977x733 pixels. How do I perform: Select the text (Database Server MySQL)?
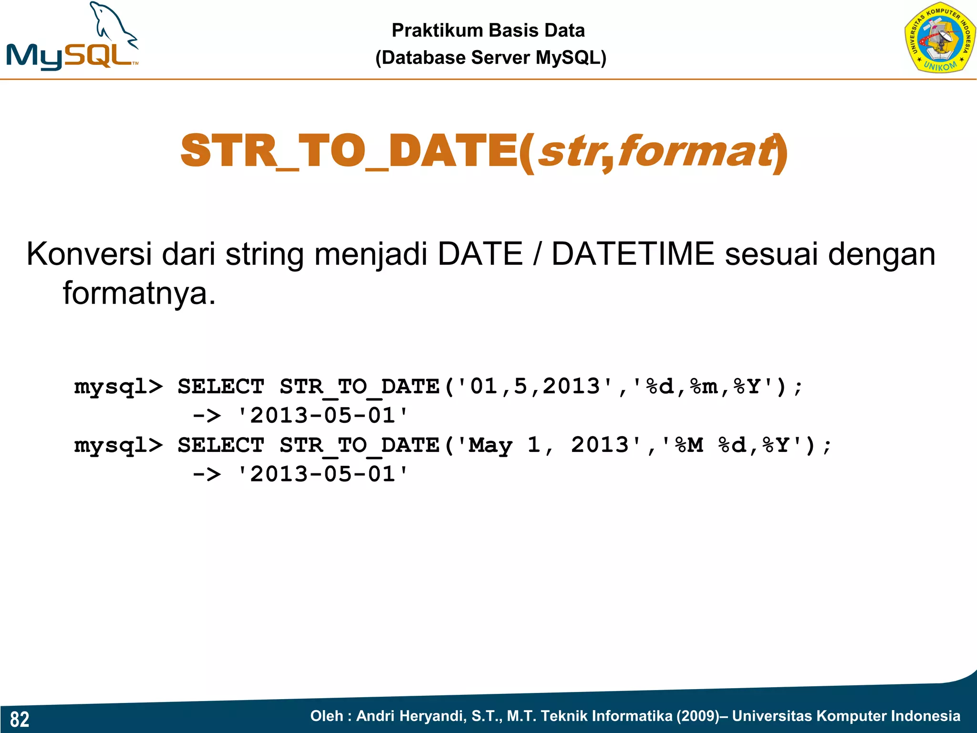click(490, 58)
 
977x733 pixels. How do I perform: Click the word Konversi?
click(89, 254)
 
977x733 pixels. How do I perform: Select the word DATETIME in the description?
click(633, 254)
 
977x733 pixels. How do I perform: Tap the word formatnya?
click(139, 293)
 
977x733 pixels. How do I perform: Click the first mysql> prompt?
click(118, 386)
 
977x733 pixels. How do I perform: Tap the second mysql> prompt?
click(118, 445)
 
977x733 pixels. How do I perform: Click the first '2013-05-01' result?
click(323, 415)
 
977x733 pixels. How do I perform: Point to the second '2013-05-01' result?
click(323, 474)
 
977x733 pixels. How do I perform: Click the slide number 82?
click(20, 719)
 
